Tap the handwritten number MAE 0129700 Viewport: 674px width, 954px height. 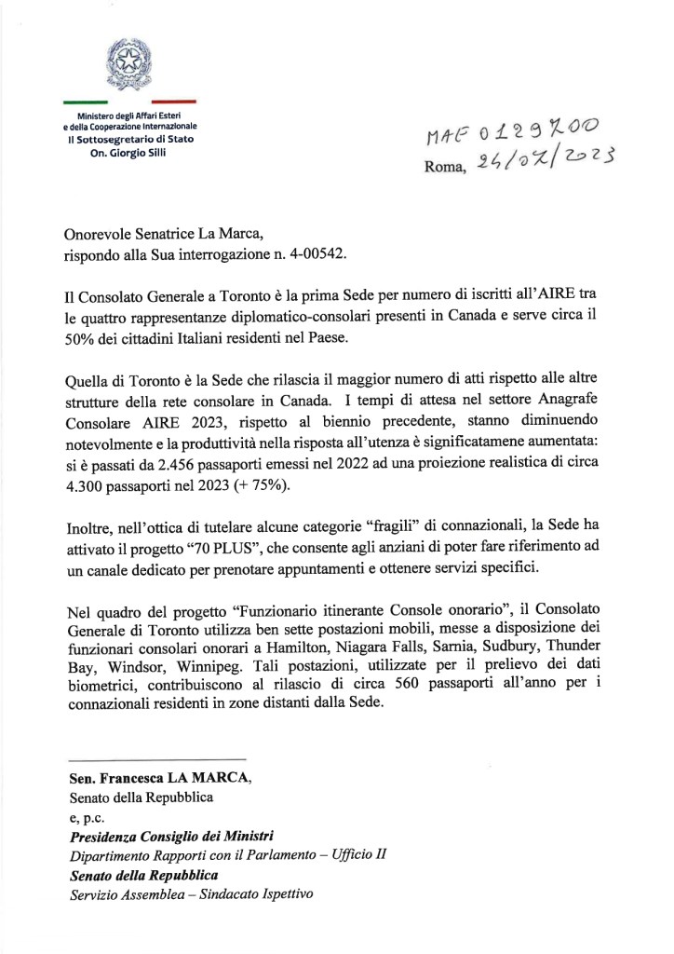pyautogui.click(x=510, y=136)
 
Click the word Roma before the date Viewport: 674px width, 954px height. pyautogui.click(x=444, y=169)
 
